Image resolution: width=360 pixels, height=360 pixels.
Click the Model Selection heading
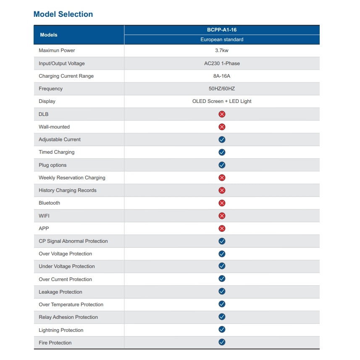coord(63,14)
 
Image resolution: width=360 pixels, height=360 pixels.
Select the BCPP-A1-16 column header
coord(221,30)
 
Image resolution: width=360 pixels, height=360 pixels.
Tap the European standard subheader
coord(222,39)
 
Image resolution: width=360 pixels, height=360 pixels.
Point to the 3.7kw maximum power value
coord(221,50)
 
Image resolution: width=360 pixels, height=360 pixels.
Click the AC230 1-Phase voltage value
coord(222,63)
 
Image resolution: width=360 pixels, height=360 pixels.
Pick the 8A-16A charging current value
coord(221,76)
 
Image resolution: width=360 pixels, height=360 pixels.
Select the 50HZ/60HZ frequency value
coord(221,89)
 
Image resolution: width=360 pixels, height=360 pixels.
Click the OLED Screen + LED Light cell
coord(222,101)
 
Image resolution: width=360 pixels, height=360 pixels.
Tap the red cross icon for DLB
coord(222,114)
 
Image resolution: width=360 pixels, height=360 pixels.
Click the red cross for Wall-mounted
coord(222,127)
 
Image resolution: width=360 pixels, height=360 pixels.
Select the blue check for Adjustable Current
coord(222,139)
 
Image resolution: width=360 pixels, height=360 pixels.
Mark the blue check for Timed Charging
coord(222,152)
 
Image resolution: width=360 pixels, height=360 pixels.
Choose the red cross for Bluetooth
coord(222,203)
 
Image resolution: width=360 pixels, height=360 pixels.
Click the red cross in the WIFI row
coord(222,215)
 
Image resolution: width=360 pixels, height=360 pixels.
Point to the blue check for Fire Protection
coord(222,342)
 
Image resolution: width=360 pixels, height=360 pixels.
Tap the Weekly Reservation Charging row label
coord(72,178)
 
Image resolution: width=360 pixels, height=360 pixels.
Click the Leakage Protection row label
coord(60,292)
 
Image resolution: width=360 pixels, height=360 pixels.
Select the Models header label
coord(49,35)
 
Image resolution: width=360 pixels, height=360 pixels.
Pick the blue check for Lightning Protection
coord(222,329)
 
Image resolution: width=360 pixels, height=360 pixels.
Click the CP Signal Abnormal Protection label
coord(73,241)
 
